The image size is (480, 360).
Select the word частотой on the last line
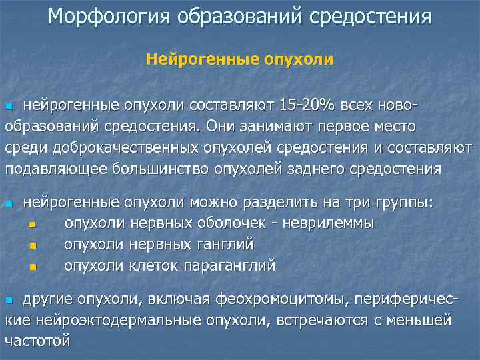tap(37, 340)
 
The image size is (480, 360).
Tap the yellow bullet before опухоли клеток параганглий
tap(33, 267)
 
